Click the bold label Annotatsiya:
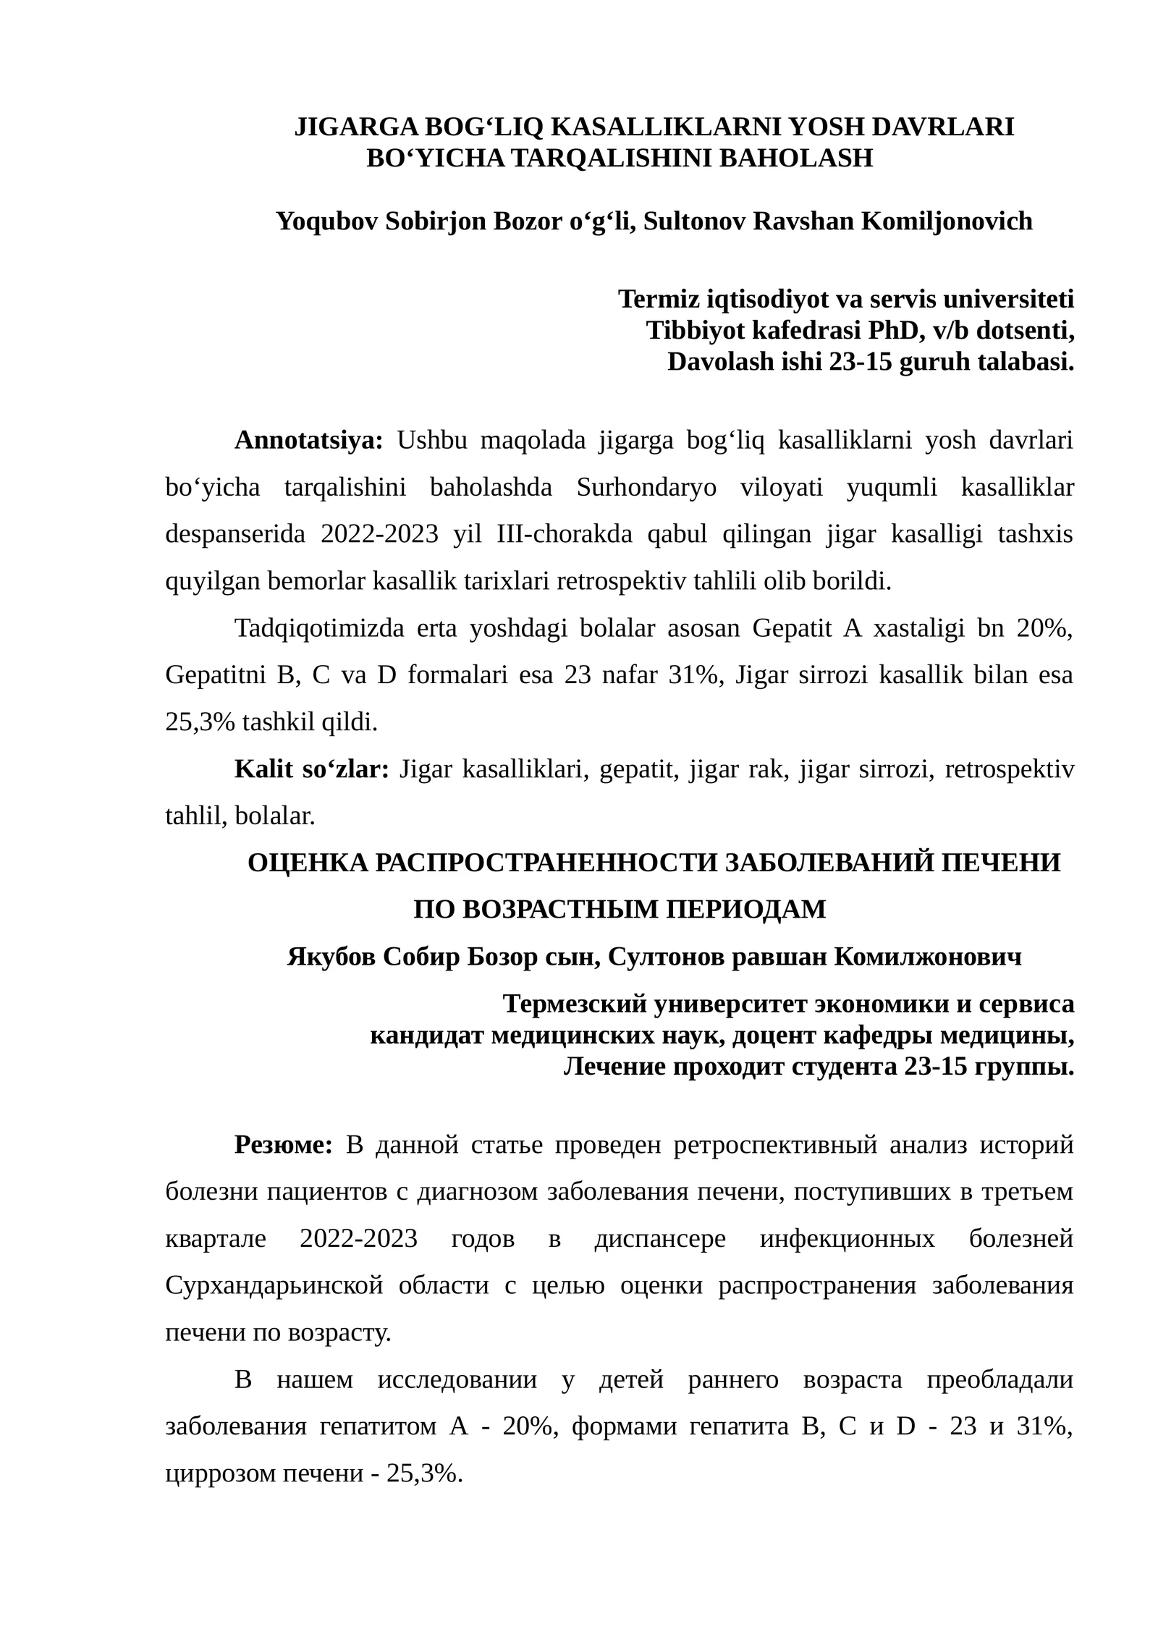[309, 440]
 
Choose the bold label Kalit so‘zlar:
[312, 769]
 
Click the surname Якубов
[331, 957]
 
